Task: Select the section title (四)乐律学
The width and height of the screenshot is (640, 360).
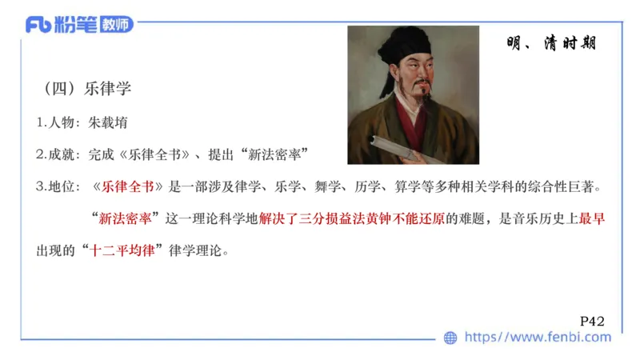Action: click(88, 89)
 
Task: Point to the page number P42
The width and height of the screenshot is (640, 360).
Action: click(591, 321)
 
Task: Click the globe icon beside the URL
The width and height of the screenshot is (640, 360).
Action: click(451, 338)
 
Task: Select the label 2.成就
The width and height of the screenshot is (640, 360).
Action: click(58, 154)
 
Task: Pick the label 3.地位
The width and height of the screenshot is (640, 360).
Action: click(58, 186)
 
